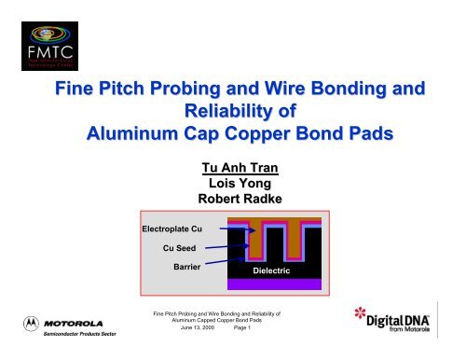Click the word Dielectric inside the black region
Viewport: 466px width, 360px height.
(279, 270)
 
